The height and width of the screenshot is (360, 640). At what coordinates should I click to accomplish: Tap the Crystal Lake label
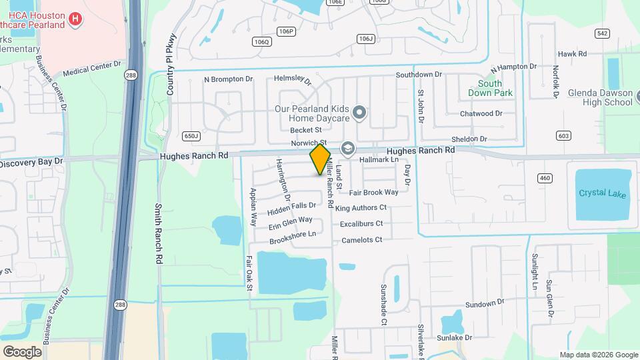[602, 194]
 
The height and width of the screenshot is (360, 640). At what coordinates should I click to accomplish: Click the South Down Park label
[495, 88]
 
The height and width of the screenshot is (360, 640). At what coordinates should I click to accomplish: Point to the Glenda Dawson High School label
[600, 97]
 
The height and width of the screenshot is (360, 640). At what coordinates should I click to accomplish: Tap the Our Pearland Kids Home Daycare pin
[360, 113]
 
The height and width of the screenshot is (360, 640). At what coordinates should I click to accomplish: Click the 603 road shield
[563, 136]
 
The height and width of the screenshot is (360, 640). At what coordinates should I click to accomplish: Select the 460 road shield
[545, 178]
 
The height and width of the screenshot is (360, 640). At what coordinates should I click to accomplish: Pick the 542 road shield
[583, 33]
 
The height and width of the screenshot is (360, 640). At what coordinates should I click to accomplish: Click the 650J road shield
[191, 136]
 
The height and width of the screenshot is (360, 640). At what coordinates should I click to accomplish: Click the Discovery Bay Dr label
[31, 162]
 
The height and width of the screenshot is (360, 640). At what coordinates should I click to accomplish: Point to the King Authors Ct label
[361, 209]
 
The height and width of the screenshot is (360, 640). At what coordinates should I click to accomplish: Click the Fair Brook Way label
[373, 192]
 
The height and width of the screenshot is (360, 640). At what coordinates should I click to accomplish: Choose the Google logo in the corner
[22, 351]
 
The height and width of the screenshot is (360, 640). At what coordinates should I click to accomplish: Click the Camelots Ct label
[362, 240]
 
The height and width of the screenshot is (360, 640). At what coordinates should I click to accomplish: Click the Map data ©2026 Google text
[599, 355]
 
